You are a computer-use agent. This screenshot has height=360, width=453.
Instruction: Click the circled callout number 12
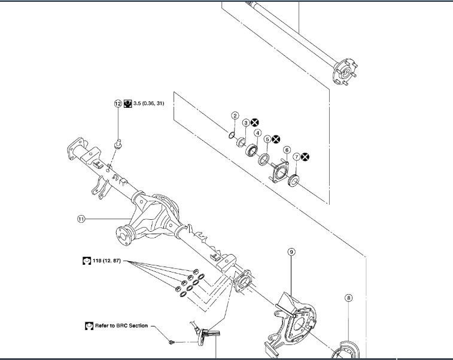click(118, 104)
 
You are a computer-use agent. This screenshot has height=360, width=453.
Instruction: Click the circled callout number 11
click(81, 219)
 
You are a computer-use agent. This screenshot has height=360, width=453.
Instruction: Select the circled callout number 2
click(235, 116)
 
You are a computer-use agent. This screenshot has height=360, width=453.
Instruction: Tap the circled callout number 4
click(257, 133)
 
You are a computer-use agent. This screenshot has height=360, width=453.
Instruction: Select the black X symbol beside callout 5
click(276, 139)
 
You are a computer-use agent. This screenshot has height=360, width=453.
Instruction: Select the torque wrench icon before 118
click(86, 261)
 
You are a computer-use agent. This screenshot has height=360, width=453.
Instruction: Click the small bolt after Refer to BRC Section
click(172, 341)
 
